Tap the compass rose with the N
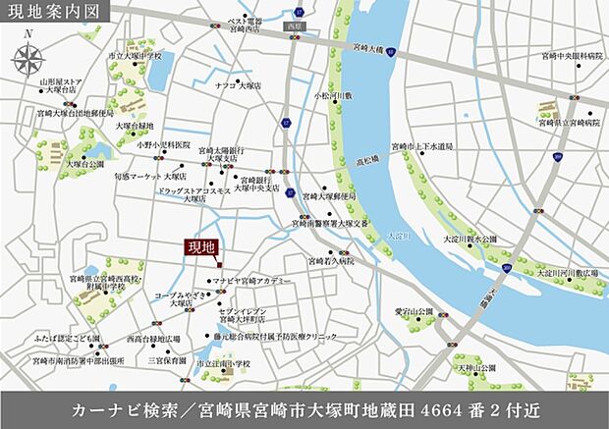(30, 56)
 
